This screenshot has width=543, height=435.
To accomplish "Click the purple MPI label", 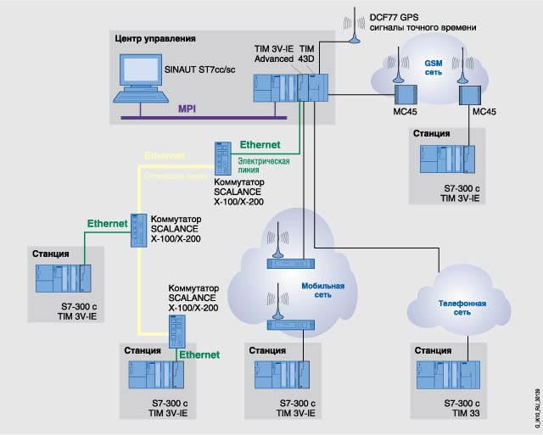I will (x=188, y=109).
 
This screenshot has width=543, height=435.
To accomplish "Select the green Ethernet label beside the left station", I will (x=106, y=223).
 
